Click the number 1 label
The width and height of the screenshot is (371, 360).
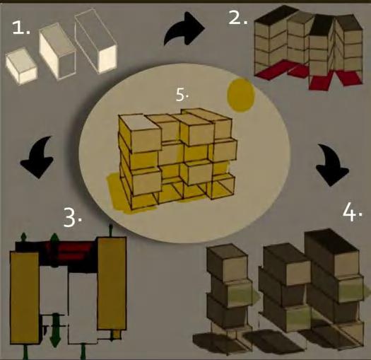20,28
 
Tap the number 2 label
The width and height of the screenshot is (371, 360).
238,17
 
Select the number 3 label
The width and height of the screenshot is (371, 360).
73,218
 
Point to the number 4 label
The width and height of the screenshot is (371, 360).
352,212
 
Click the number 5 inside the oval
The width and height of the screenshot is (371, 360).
182,95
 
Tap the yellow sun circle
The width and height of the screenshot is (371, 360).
241,95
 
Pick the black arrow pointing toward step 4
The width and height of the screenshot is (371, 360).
331,166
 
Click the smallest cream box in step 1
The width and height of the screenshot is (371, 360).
21,66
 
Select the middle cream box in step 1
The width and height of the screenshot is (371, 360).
57,51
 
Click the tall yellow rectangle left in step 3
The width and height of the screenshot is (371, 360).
25,298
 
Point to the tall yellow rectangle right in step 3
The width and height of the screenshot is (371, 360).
112,284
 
